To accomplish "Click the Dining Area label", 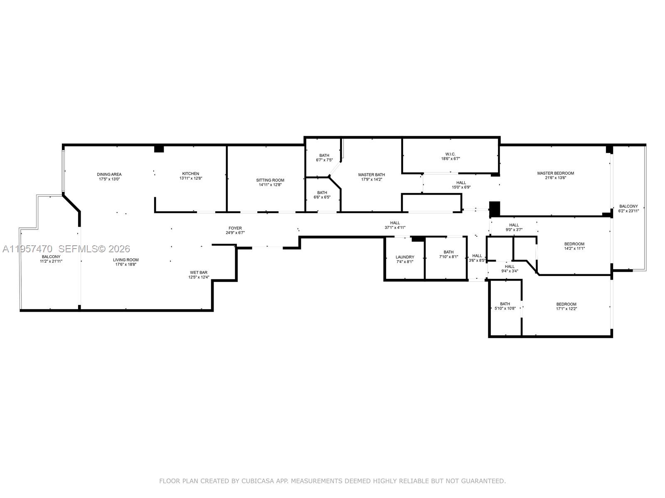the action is coord(109,174).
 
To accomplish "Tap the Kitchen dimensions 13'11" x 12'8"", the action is coord(190,178).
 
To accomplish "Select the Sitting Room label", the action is coord(270,180).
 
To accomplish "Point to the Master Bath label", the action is coord(371,175).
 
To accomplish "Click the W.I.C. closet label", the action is coord(451,154).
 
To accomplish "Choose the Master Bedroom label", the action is coord(555,173).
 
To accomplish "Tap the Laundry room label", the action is coord(405,257).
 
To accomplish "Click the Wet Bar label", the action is coord(199,273).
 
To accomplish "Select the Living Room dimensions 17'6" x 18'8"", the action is coord(126,264).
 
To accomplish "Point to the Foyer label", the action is coord(235,228).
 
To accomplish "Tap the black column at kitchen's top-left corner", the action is coord(159,149).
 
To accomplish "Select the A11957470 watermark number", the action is coord(27,249).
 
